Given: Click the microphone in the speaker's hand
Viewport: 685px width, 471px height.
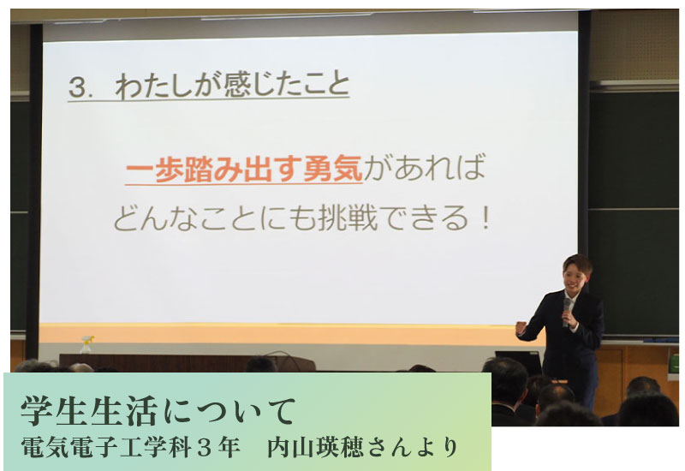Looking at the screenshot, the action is point(567,311).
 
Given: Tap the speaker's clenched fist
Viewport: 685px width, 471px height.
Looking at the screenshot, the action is point(521,328).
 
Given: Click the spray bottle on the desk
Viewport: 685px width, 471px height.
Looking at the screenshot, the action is point(87,344).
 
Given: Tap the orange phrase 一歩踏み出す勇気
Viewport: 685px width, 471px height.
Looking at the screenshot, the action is point(244,169).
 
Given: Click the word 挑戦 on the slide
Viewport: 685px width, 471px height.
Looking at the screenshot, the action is point(348,218).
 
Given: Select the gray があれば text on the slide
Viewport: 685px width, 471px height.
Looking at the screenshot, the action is point(425,168).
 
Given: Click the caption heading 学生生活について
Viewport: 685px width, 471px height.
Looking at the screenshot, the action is point(158,411).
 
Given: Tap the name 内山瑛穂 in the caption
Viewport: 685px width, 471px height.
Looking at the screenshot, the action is point(313,447).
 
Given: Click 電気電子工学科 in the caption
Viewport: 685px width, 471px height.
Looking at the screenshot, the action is point(105,447).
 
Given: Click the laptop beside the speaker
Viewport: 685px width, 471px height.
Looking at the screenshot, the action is point(518,359).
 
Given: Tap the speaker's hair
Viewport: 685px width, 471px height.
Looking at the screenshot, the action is point(578,263).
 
